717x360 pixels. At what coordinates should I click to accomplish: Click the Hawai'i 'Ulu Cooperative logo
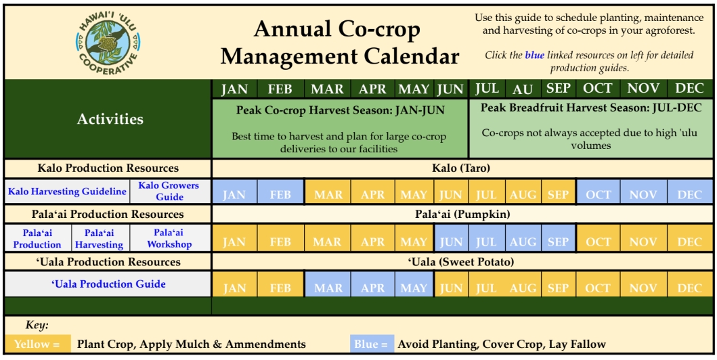pyautogui.click(x=108, y=43)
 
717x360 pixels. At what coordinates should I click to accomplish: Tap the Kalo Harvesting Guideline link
pyautogui.click(x=67, y=192)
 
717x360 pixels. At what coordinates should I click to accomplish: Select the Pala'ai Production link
pyautogui.click(x=37, y=238)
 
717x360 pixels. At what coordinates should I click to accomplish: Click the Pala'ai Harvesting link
pyautogui.click(x=100, y=238)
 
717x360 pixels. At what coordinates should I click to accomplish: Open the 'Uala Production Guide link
pyautogui.click(x=108, y=284)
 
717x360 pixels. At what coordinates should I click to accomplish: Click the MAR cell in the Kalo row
pyautogui.click(x=328, y=192)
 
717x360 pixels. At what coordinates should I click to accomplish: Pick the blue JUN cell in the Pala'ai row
pyautogui.click(x=451, y=238)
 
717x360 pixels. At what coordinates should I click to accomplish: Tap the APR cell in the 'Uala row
pyautogui.click(x=372, y=284)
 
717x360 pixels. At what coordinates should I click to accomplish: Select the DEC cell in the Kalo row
pyautogui.click(x=689, y=192)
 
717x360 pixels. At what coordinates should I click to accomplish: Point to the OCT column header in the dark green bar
pyautogui.click(x=597, y=89)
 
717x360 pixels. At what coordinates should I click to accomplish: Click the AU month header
pyautogui.click(x=523, y=89)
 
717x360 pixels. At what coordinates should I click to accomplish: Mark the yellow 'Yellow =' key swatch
pyautogui.click(x=37, y=344)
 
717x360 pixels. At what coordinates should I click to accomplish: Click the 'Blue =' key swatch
pyautogui.click(x=372, y=344)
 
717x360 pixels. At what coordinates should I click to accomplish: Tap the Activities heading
pyautogui.click(x=110, y=119)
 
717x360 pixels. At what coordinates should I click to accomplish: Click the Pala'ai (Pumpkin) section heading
pyautogui.click(x=462, y=214)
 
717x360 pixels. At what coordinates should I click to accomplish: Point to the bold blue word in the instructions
pyautogui.click(x=534, y=55)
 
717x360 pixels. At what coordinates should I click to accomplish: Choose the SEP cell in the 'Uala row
pyautogui.click(x=559, y=284)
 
